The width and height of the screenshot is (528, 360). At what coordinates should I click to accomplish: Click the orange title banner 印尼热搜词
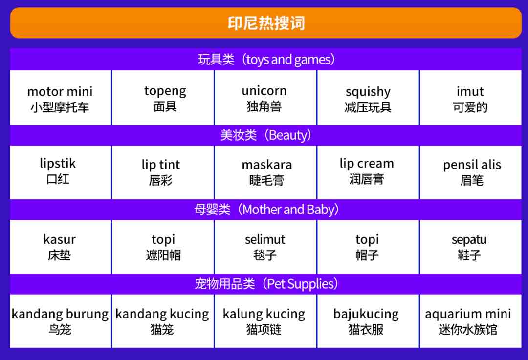[x=265, y=23]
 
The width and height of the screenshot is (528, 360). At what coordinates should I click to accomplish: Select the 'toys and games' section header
[x=265, y=59]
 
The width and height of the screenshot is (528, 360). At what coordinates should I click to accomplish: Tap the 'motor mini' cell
[x=60, y=98]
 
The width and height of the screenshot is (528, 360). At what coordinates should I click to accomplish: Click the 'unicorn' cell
[x=265, y=98]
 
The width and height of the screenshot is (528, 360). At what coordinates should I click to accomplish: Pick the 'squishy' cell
[x=368, y=98]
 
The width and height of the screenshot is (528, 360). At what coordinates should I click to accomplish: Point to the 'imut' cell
[x=470, y=98]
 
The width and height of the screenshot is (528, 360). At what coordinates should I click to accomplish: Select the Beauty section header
[x=265, y=135]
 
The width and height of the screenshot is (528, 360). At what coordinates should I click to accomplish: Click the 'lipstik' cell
[x=60, y=172]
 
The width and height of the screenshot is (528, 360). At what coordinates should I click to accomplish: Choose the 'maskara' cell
[x=265, y=172]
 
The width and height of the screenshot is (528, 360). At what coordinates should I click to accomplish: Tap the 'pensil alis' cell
[x=470, y=172]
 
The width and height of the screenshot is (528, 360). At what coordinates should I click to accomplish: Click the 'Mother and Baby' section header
[x=265, y=210]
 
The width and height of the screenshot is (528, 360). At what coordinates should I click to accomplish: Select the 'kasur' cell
[x=60, y=247]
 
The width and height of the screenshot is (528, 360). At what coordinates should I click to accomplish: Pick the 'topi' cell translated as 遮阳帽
[x=163, y=247]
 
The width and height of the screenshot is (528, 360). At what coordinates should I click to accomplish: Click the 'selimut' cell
[x=265, y=247]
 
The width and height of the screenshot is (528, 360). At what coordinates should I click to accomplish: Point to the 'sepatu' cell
[x=470, y=247]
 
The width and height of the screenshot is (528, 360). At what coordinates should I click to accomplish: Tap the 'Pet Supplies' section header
[x=265, y=284]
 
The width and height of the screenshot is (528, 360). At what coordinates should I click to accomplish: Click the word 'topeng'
[x=165, y=91]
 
